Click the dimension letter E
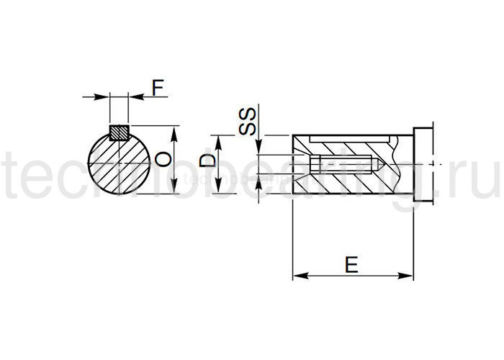click(351, 265)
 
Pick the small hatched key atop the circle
click(119, 132)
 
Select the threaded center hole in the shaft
click(338, 164)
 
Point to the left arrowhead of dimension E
click(297, 275)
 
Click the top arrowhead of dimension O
click(172, 130)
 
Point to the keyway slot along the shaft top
click(346, 137)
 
